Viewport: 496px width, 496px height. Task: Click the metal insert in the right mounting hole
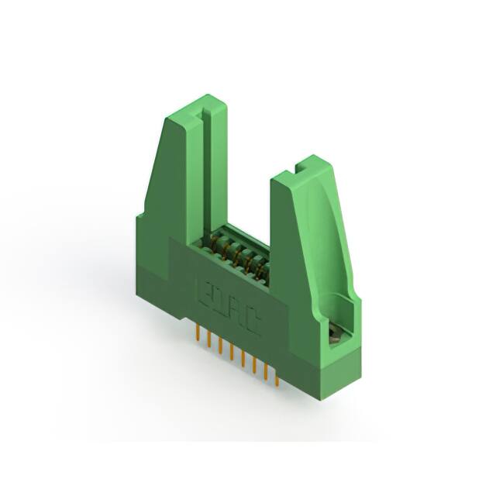(x=334, y=334)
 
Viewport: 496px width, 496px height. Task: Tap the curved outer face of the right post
(x=325, y=232)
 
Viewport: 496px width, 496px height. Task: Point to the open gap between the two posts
(x=248, y=186)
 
